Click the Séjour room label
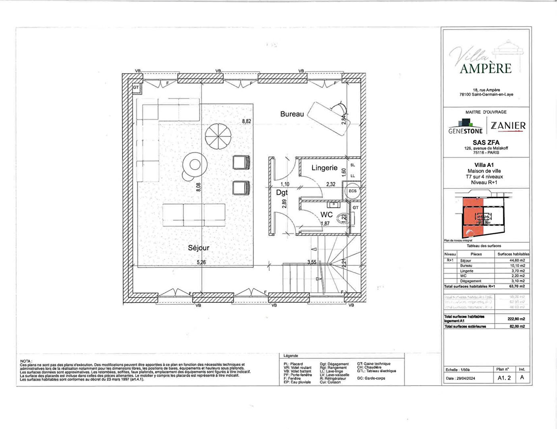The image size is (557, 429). tap(199, 248)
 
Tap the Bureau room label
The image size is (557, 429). tap(292, 114)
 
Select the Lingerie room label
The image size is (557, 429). tap(324, 168)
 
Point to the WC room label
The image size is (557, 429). tap(326, 214)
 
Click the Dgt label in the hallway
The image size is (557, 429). tap(282, 192)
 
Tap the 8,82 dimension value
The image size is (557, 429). tap(247, 121)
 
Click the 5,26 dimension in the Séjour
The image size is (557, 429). tap(202, 262)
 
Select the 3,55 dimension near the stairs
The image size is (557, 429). tap(312, 262)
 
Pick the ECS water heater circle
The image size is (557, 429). tap(352, 191)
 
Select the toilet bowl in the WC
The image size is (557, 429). tap(342, 218)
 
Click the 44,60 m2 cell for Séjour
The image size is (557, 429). tap(517, 261)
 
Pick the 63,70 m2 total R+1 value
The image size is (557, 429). tap(517, 286)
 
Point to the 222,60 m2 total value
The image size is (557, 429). tap(516, 319)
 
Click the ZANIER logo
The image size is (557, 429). tap(508, 126)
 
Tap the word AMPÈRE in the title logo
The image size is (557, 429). tap(486, 68)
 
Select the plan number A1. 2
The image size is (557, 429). tap(504, 378)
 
